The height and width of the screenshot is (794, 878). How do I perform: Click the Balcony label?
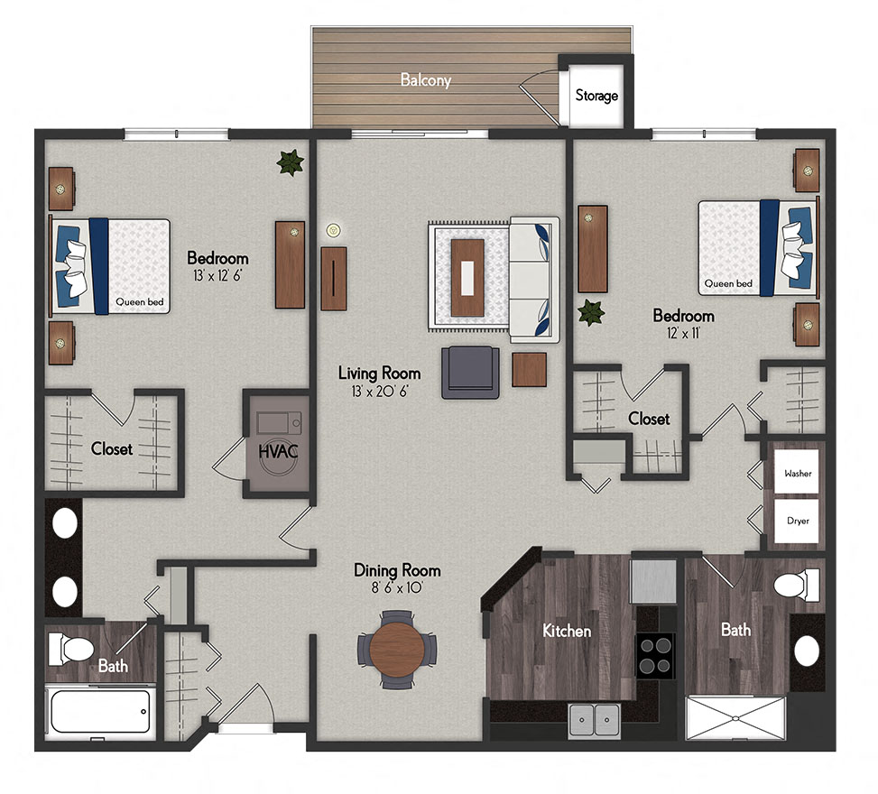point(425,80)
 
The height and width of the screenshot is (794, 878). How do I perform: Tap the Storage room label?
point(596,95)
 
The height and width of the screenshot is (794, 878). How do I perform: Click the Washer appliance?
point(797,473)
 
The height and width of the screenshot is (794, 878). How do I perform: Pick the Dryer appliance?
point(797,521)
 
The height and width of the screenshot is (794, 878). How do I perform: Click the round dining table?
point(398,649)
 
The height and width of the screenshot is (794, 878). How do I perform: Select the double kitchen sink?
point(595,720)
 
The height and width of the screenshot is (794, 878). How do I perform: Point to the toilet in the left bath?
point(72,647)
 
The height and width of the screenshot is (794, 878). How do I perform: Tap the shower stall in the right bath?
point(735,718)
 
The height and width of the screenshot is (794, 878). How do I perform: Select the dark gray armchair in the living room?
point(469,373)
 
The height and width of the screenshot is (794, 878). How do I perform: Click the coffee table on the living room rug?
point(467,277)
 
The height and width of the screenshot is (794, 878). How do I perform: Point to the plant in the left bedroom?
point(290,162)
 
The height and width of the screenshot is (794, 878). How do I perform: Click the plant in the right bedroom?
point(591,313)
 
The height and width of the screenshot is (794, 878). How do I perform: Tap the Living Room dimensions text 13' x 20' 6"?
point(380,392)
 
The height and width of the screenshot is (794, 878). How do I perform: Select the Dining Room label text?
point(397,570)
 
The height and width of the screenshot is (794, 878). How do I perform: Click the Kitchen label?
point(566,630)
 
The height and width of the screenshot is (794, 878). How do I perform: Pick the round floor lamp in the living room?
point(333,230)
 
